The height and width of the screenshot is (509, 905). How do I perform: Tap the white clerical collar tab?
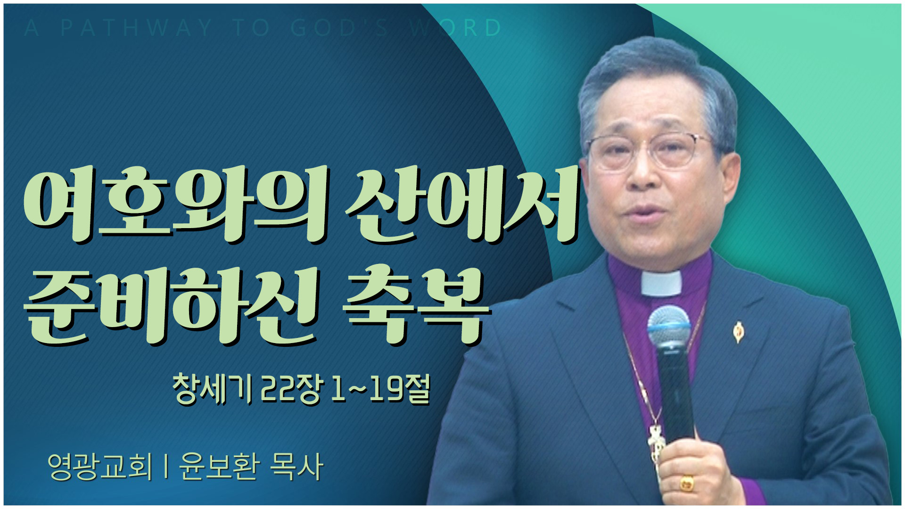(661, 283)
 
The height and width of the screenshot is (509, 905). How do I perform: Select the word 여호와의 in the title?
(174, 206)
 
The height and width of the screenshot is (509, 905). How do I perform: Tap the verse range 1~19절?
(380, 389)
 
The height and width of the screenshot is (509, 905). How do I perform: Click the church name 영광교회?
(100, 466)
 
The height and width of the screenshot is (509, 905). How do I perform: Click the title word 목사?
(296, 466)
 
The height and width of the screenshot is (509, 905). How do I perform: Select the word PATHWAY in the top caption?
(136, 28)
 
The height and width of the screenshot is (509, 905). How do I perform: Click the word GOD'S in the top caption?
(339, 28)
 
